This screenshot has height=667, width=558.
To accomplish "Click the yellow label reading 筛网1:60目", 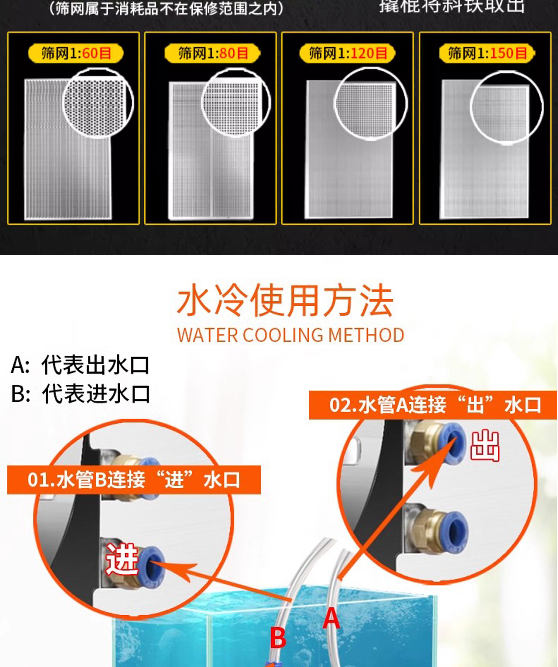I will (x=76, y=54).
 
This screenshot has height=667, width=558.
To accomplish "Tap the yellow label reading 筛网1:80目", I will (x=213, y=54).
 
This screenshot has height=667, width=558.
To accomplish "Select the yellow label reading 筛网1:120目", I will (x=348, y=54).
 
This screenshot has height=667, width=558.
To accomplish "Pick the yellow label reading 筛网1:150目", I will (x=487, y=54).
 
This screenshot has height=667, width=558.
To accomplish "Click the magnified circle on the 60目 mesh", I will (x=98, y=103).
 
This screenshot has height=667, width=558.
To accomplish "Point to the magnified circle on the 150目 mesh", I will (x=507, y=108).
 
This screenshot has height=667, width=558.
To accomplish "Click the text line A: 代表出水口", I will (x=80, y=365).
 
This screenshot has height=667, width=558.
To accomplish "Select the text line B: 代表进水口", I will (x=80, y=394).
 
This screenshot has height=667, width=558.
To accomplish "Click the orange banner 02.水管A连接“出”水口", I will (x=434, y=405).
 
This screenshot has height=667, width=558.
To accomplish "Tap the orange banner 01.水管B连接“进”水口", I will (x=134, y=480).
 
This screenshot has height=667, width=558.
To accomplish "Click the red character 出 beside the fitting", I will (x=485, y=446).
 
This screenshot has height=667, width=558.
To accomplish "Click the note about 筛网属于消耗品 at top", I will (x=166, y=8).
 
